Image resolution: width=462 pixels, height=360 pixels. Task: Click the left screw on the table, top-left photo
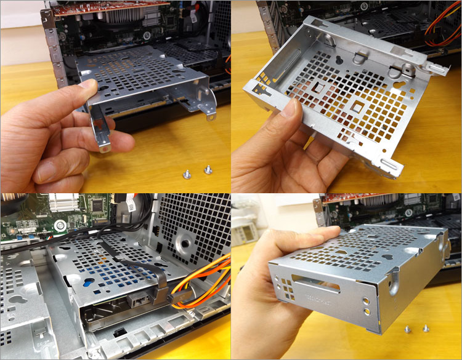tap(186, 174)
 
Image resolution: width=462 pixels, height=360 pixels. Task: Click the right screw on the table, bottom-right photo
tap(426, 329)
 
